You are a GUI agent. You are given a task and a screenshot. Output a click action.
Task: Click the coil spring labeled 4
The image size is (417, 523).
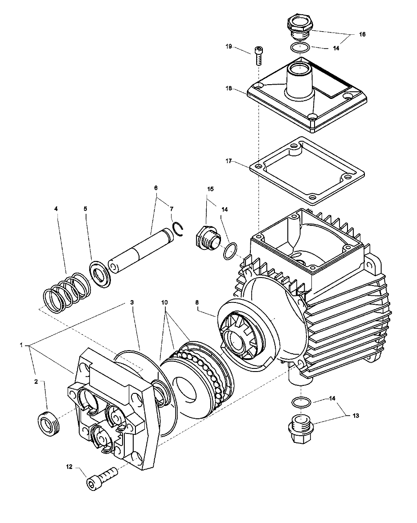click(x=66, y=292)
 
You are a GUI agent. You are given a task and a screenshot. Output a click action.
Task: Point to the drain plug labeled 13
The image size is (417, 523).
click(x=300, y=429)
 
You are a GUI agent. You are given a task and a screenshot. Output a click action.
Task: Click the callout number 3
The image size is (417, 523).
click(x=132, y=302)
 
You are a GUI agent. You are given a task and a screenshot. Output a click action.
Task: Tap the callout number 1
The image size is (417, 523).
click(x=21, y=345)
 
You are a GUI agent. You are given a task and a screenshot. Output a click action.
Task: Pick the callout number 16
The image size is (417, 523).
click(x=362, y=34)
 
